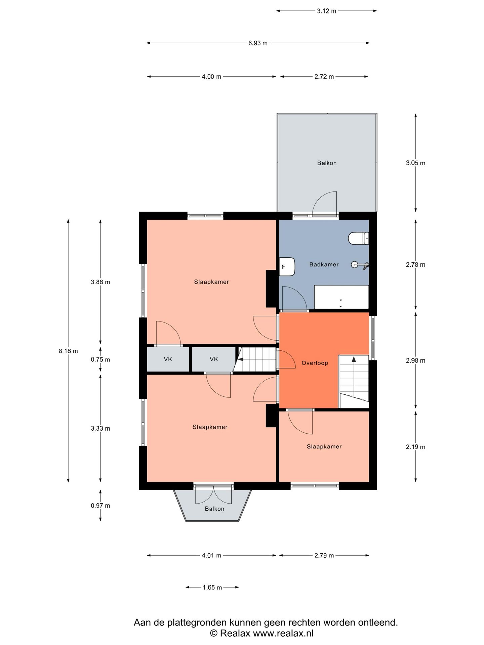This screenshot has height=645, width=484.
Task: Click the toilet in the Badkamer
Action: coord(358,239)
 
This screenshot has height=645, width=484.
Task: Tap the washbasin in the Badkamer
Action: coord(287,267)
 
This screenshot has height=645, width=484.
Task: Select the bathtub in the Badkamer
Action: coord(341,297)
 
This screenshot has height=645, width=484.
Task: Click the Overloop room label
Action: coord(315,363)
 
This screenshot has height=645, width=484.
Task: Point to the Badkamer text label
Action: coord(324,264)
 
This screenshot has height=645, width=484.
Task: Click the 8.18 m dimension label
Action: coord(68,351)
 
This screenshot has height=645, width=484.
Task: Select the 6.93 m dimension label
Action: coord(258,43)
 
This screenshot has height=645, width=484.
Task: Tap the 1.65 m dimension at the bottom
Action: coord(212,588)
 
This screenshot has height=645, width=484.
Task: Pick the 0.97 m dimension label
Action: coord(100,506)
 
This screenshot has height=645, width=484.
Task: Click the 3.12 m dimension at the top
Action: coord(326,11)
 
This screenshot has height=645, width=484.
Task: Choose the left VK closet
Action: coord(168,359)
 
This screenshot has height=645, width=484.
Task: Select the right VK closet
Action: coord(214,359)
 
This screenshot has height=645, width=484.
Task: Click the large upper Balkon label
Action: coord(327,163)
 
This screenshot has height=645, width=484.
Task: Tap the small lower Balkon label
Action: coord(214,509)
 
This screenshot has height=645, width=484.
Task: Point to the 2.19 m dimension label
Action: coord(415,447)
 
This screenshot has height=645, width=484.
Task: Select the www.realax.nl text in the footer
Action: coord(283,633)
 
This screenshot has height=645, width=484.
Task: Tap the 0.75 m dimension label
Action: coord(100,359)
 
